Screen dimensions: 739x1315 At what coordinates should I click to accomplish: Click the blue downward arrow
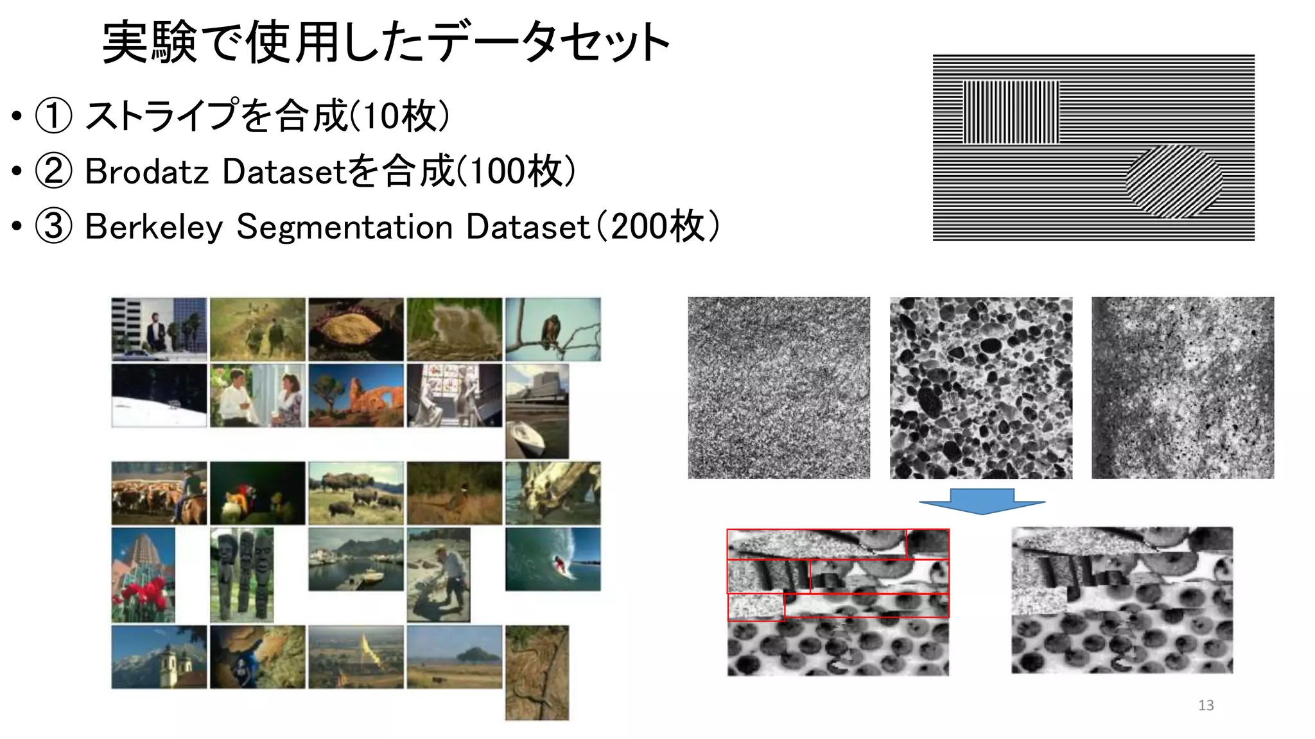coord(982,501)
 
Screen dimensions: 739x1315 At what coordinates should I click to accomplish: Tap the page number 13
coord(1206,705)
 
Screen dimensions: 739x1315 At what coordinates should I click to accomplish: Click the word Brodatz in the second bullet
coord(146,172)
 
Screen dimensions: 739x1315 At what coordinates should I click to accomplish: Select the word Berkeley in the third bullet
coord(153,227)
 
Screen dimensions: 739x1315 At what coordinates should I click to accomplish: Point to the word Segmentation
coord(345,227)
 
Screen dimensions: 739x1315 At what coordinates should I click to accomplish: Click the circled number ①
coord(53,116)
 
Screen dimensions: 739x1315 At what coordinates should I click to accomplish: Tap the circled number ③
coord(53,226)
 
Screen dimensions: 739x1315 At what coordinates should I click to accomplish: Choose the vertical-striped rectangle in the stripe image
coord(1011,112)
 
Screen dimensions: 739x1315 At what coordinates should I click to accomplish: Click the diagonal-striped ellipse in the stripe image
coord(1174,182)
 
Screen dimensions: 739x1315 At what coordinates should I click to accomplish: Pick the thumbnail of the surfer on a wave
coord(553,559)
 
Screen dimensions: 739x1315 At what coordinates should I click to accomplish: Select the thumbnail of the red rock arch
coord(356,395)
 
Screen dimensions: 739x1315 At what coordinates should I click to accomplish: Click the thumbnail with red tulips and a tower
coord(143,575)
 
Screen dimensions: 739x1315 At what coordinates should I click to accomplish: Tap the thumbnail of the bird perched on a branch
coord(553,329)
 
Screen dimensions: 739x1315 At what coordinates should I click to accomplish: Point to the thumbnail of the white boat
coord(537,411)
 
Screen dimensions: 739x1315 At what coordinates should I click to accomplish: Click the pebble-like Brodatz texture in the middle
coord(980,387)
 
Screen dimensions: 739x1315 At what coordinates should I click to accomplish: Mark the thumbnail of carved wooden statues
coord(241,575)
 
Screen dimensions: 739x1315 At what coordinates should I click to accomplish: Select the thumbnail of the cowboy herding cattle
coord(159,493)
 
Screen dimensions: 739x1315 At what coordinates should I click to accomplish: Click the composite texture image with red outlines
coord(838,602)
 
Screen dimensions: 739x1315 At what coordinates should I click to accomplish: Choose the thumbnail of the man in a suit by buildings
coord(159,329)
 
